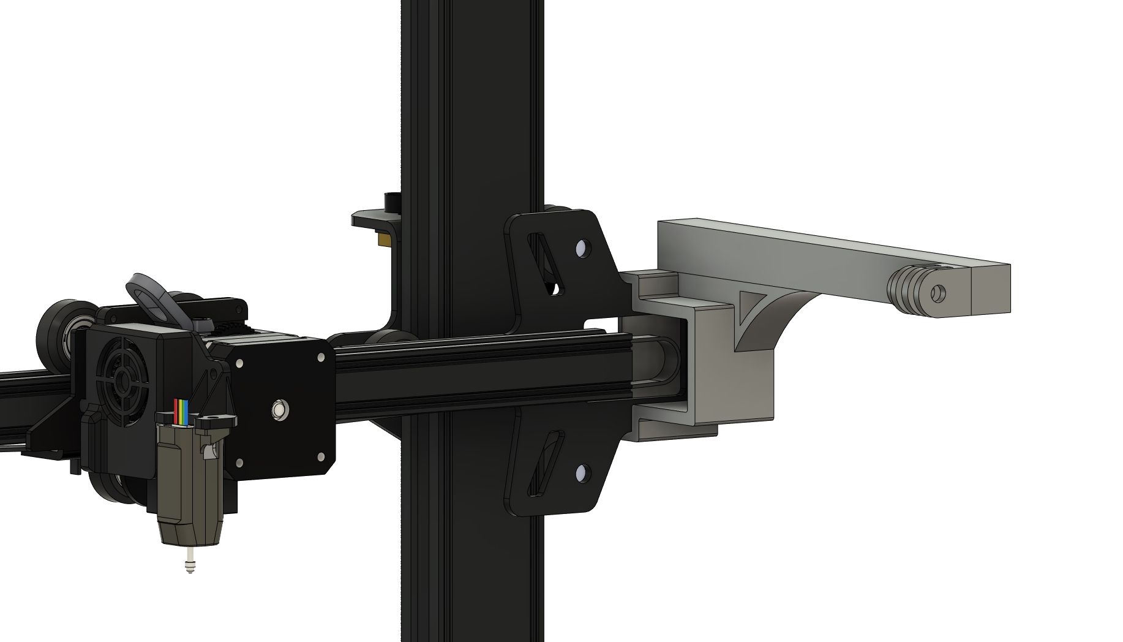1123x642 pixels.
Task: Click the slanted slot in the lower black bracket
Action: [544, 463]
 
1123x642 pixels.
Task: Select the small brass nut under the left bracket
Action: [383, 240]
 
